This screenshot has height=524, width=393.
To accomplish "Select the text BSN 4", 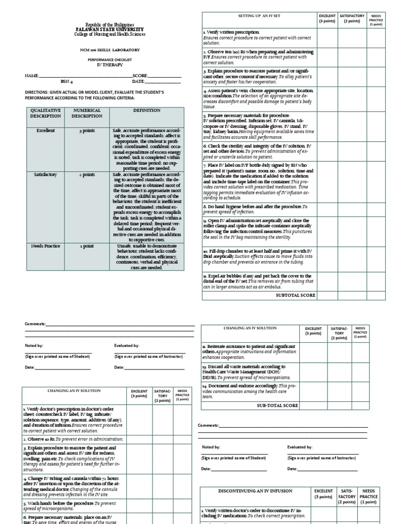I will (x=67, y=81).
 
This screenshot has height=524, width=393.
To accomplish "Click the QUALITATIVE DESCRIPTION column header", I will (x=46, y=113).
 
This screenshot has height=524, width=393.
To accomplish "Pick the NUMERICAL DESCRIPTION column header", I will (x=87, y=113).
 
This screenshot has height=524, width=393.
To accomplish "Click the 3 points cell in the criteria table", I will (x=87, y=130).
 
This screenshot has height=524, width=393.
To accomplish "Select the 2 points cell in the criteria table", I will (x=87, y=174).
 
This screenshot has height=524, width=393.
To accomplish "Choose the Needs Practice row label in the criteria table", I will (x=46, y=246).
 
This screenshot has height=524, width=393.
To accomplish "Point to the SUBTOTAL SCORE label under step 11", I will (x=295, y=295).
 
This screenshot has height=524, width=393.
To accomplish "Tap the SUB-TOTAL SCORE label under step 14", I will (x=277, y=405).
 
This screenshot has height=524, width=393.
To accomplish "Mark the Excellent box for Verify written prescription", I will (x=327, y=36).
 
